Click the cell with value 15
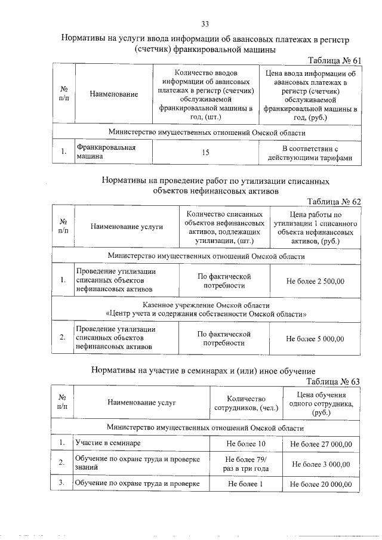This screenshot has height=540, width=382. coord(205,153)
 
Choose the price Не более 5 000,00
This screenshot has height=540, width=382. coord(315,339)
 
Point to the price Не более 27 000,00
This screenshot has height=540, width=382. coord(321,445)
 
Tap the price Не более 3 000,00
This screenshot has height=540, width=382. coord(321,464)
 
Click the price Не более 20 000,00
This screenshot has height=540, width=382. coord(321,483)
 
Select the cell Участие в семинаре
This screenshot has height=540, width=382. coord(108,444)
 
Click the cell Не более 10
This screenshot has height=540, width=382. coord(245,445)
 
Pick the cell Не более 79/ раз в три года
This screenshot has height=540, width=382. coord(245,464)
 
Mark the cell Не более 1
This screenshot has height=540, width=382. coord(245,483)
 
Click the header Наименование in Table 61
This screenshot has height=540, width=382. coord(114,94)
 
